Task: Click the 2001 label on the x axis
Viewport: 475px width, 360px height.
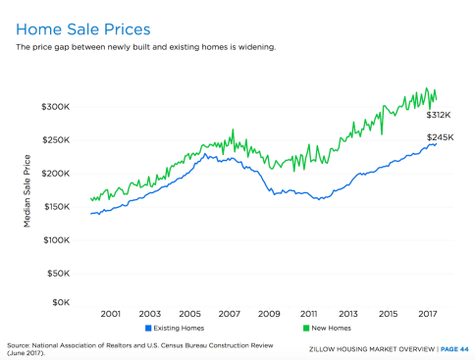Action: (x=110, y=313)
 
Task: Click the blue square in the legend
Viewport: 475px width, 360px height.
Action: (x=148, y=328)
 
